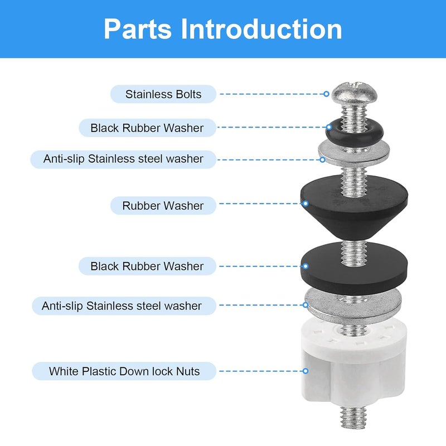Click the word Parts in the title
(138, 30)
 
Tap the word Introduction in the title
(261, 29)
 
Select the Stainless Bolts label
(163, 94)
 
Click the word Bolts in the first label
(188, 94)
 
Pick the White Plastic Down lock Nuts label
(124, 371)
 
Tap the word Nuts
(188, 371)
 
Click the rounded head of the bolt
(355, 93)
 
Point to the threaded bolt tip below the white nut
(353, 417)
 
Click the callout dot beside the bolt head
(326, 94)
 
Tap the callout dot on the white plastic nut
(305, 371)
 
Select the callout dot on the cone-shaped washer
(305, 203)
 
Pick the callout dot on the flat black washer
(305, 266)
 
